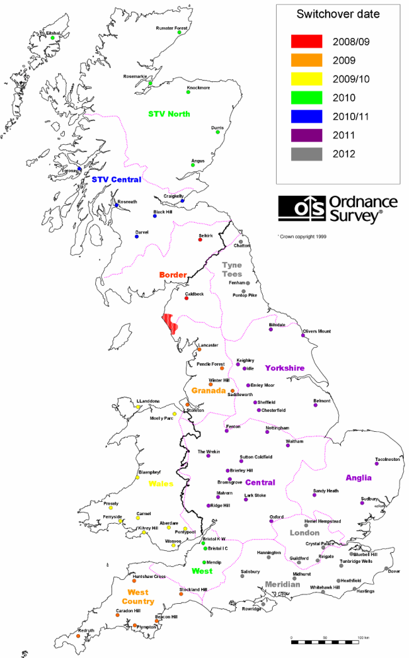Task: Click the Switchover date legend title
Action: point(338,14)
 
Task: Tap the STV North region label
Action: point(169,114)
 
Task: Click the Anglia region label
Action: point(358,477)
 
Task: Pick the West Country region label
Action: point(138,596)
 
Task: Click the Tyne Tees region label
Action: point(232,268)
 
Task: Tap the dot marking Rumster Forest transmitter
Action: point(179,33)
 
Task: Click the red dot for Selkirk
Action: point(200,240)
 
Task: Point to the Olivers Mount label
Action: point(316,331)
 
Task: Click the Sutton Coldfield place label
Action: point(256,457)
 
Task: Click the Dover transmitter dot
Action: point(386,568)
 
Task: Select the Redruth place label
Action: point(87,631)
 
